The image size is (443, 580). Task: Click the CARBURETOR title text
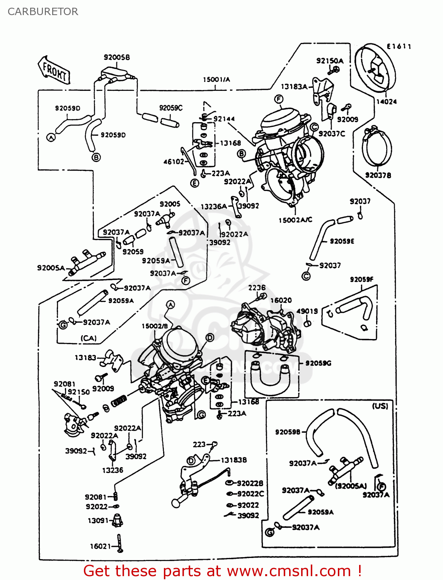coord(43,12)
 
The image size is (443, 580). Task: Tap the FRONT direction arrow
coord(55,71)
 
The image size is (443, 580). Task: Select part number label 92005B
coord(117,57)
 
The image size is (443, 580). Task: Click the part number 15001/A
coord(216,80)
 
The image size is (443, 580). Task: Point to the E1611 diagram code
coord(399,47)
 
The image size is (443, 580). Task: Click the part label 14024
coord(387,102)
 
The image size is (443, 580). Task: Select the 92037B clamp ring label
coord(378,175)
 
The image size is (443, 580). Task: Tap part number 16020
coord(281,300)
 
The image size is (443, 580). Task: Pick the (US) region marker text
coord(380,406)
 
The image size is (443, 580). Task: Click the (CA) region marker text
coord(89,338)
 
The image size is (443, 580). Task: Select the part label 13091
coord(98,520)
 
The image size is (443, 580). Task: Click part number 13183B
coord(234,460)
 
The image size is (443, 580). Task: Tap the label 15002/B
coord(155,326)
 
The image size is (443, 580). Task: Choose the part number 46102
coord(174,162)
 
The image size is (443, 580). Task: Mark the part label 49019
coord(307,311)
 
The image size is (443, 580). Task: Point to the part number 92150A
coord(330,61)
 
